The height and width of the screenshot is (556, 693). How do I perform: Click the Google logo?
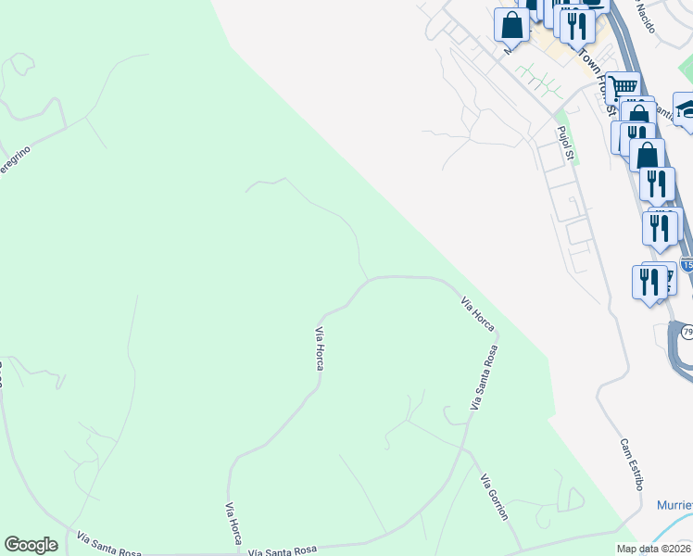pos(31,545)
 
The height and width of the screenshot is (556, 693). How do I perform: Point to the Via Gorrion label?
pos(494,497)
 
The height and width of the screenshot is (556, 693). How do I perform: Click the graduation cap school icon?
pos(685,108)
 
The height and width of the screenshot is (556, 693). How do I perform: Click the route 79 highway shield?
pos(687,332)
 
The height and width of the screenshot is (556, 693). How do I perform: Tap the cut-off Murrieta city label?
pos(674,505)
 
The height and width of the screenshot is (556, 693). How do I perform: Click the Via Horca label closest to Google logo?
pos(234,524)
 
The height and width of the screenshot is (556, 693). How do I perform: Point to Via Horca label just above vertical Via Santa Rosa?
pos(478,314)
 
